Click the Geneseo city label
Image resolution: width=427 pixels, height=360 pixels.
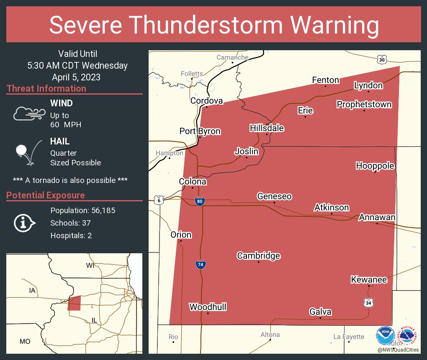point(274,196)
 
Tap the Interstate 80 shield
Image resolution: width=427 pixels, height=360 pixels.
point(200,202)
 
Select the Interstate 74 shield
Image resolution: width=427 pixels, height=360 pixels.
point(201,264)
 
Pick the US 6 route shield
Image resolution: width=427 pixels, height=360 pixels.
point(159,200)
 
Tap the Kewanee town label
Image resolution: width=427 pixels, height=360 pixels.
point(369,279)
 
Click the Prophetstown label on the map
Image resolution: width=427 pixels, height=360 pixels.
point(364,104)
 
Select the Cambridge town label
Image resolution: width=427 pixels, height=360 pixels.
point(258,255)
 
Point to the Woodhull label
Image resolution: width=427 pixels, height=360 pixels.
point(208,307)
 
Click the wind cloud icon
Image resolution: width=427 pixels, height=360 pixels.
point(28,113)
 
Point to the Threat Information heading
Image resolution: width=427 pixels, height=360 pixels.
point(46,88)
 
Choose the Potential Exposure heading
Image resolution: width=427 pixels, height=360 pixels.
point(46,195)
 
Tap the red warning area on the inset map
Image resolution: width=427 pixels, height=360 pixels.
point(74,303)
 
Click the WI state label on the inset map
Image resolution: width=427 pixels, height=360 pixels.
point(90,265)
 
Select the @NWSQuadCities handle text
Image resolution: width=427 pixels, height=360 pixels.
point(398,350)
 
